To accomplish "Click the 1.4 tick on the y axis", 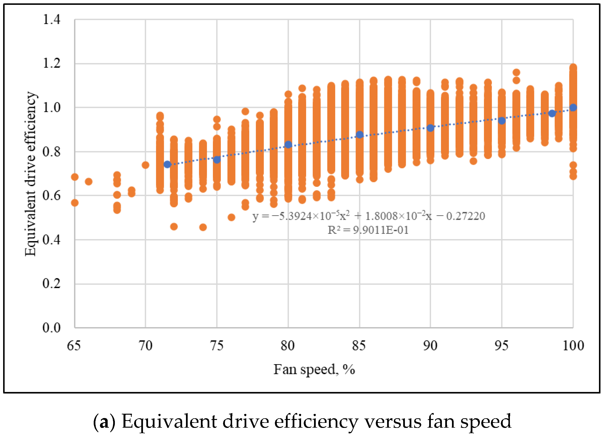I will [52, 19].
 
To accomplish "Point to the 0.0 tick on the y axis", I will [52, 328].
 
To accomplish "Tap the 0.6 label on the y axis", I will [52, 196].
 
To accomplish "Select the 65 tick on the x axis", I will [74, 346].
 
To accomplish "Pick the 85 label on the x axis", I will [359, 346].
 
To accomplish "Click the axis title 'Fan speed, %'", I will [314, 370].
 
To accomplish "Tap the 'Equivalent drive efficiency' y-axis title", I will [30, 174].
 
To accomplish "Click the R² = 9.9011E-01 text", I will [368, 230].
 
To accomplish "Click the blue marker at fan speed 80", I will [288, 145].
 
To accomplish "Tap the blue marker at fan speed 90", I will [430, 128].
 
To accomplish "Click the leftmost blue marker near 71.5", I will [167, 165].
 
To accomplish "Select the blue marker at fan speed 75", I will [217, 160].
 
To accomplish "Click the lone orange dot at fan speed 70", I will [145, 165].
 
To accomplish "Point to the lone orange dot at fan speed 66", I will [89, 182].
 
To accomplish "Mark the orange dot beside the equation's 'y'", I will [231, 217].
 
